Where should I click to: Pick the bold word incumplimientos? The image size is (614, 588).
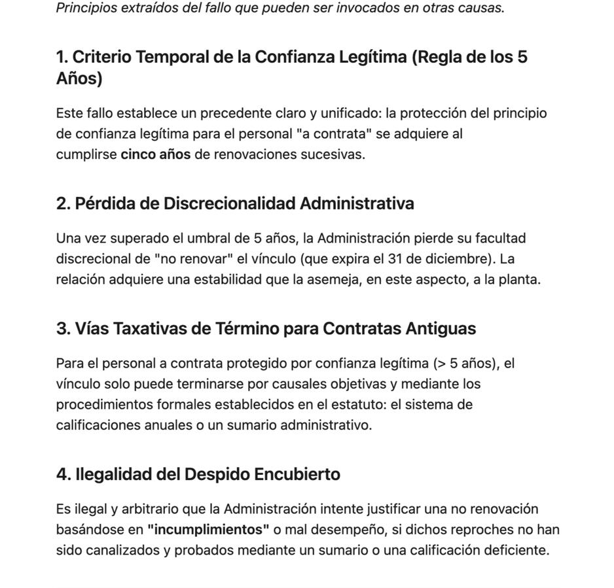pos(208,530)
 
